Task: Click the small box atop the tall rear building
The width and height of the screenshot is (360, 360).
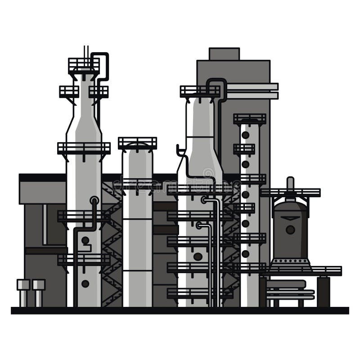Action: [224, 54]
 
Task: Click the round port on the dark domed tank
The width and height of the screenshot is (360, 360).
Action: [290, 229]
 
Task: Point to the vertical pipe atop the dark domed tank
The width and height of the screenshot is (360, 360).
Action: [290, 184]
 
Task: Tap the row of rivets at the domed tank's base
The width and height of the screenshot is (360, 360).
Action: [290, 261]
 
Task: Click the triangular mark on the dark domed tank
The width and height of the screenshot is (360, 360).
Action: [290, 218]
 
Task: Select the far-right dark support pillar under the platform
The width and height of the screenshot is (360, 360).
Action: [323, 292]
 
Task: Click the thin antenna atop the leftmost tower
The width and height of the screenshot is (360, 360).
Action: [86, 51]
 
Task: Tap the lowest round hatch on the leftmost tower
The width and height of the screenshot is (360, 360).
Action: [85, 283]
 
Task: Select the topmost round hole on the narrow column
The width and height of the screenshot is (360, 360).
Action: [245, 135]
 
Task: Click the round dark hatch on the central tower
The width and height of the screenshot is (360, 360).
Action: [198, 256]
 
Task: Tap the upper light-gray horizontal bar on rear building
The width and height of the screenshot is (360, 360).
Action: [252, 86]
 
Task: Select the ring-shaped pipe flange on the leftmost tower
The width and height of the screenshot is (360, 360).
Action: [94, 200]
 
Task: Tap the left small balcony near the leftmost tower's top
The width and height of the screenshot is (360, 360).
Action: [69, 91]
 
